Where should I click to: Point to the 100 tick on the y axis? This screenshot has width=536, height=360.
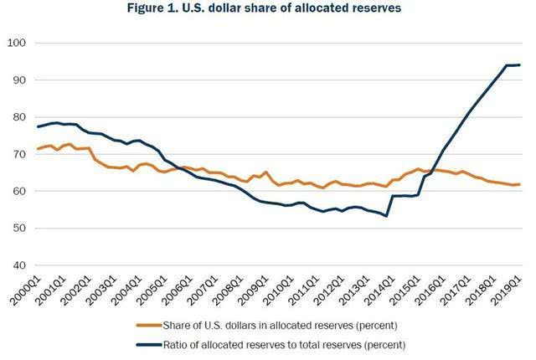click(18, 43)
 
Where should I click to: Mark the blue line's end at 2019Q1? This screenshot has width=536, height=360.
click(520, 65)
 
